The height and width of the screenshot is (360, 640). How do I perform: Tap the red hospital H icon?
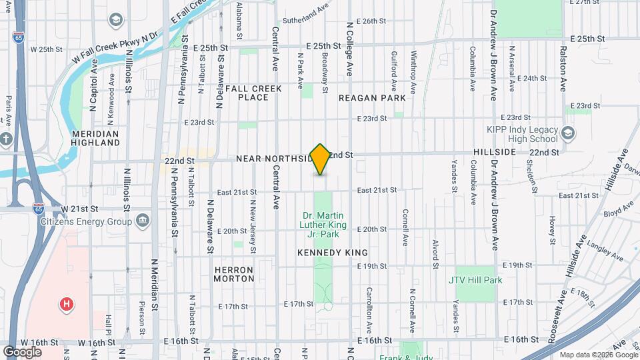pos(66,305)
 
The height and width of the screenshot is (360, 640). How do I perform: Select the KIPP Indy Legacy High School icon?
pos(567,132)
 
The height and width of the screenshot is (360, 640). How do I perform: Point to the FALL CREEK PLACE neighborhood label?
pos(253,93)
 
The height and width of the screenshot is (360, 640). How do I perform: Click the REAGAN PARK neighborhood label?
pos(372,98)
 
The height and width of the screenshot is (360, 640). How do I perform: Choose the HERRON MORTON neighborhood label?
pos(233,275)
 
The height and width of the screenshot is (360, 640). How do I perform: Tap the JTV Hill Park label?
pos(475,280)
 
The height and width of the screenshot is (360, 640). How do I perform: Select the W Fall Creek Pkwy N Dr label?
pos(115,45)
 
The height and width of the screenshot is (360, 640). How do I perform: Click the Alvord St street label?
pos(435,253)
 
